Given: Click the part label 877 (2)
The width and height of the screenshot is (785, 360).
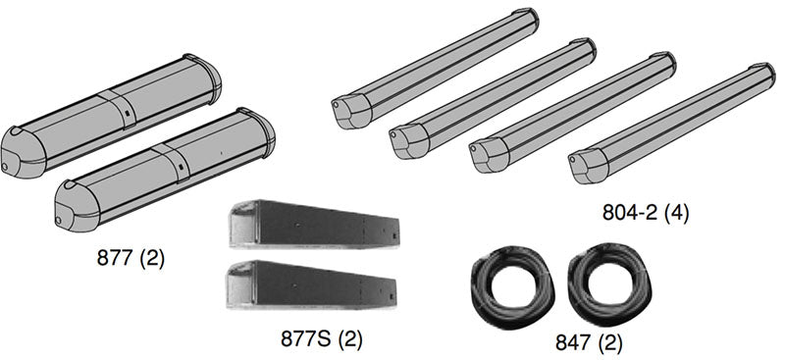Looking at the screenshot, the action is tap(131, 258).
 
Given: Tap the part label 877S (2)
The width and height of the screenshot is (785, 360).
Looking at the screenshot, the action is tap(321, 339).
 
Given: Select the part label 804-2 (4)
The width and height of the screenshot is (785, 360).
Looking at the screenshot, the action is tap(646, 212).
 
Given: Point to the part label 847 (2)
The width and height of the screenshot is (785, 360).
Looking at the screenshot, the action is tap(589, 343).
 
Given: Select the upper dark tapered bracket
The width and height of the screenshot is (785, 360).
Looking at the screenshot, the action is tap(314, 224).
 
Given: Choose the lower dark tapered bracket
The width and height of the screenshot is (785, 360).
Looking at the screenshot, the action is tap(311, 283).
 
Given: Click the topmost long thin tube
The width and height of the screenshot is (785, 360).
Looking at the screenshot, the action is tap(435, 69).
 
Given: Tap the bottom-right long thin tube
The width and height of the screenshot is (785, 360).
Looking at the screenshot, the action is tap(672, 124).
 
